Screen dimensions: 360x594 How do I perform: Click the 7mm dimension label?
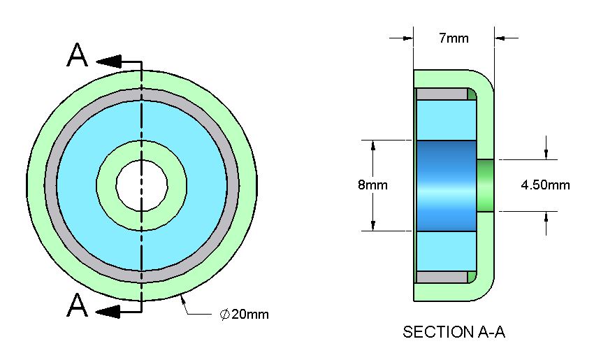(x=454, y=38)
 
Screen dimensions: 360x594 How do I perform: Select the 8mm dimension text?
(x=372, y=185)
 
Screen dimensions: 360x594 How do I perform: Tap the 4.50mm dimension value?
(x=545, y=185)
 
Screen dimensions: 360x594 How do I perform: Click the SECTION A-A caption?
(x=454, y=332)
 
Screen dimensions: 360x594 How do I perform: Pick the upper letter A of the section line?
(x=78, y=57)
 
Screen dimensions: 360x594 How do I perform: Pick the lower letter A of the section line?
(x=78, y=305)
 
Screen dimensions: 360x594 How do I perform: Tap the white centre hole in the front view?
(x=142, y=185)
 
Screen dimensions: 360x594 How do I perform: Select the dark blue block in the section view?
(x=446, y=185)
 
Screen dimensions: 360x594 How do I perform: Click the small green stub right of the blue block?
(x=485, y=185)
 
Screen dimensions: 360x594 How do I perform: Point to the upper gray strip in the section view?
(x=442, y=94)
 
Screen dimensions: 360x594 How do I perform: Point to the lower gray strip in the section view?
(x=442, y=278)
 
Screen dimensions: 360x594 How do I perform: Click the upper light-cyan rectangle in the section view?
(x=446, y=120)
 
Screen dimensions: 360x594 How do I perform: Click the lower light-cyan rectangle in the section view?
(x=446, y=250)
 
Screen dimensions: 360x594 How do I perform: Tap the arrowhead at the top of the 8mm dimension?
(x=373, y=145)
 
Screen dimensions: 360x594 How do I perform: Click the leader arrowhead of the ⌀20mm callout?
(x=184, y=301)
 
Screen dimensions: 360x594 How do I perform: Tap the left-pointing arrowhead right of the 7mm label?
(x=501, y=38)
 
